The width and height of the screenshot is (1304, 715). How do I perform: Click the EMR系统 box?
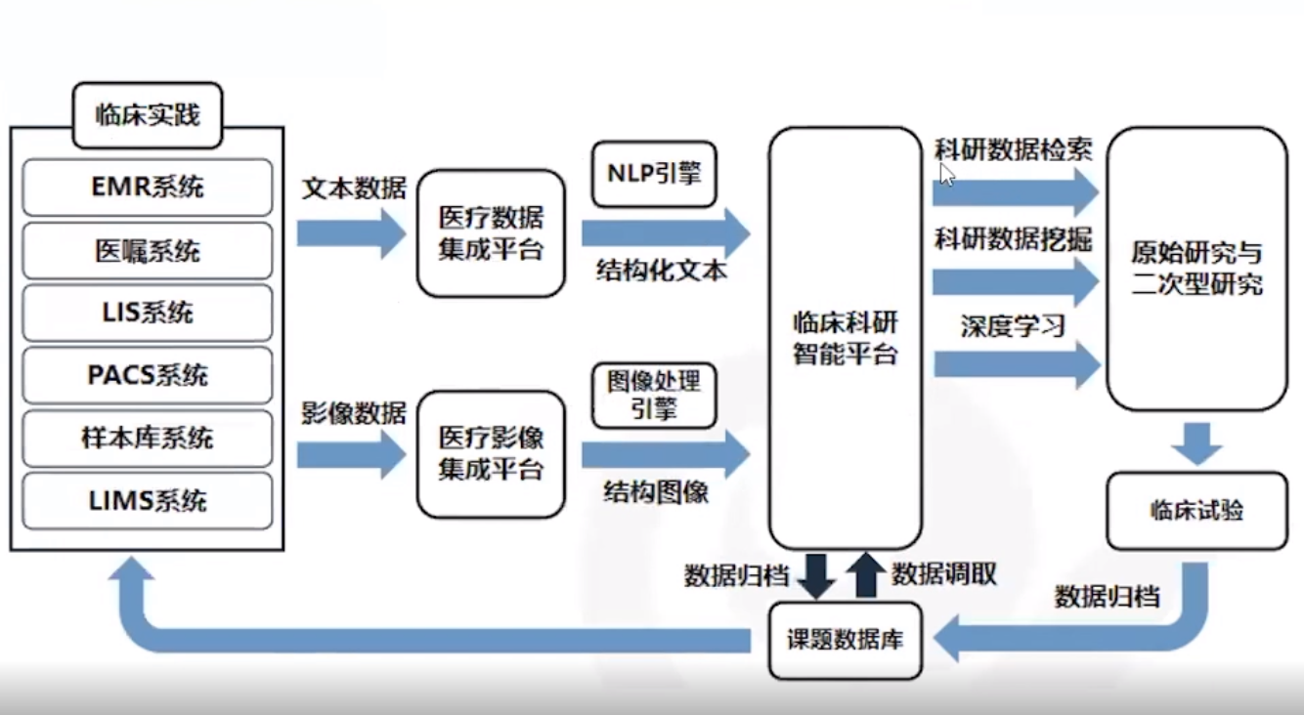pos(147,187)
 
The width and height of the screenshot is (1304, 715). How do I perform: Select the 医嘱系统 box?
pos(147,250)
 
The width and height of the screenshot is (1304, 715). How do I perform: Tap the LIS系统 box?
pos(147,313)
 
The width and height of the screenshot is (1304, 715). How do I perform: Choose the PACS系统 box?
pos(147,375)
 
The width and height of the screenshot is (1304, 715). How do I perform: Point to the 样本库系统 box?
pos(147,438)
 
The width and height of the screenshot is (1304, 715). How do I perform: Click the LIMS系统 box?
pos(147,501)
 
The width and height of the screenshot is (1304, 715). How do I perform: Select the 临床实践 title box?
pos(148,115)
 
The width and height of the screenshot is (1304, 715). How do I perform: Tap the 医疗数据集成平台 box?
pos(491,233)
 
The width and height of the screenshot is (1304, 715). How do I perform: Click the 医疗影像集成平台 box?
pos(491,454)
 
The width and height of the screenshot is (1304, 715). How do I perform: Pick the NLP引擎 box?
pos(654,174)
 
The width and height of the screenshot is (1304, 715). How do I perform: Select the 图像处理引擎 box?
pos(654,396)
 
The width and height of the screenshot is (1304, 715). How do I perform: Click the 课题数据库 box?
pos(846,641)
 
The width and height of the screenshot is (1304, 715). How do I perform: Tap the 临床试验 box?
pos(1196,511)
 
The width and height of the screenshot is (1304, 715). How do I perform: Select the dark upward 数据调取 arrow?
pos(865,575)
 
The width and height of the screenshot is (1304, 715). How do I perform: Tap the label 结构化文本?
pos(662,272)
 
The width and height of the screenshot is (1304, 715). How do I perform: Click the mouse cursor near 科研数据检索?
pos(946,174)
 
